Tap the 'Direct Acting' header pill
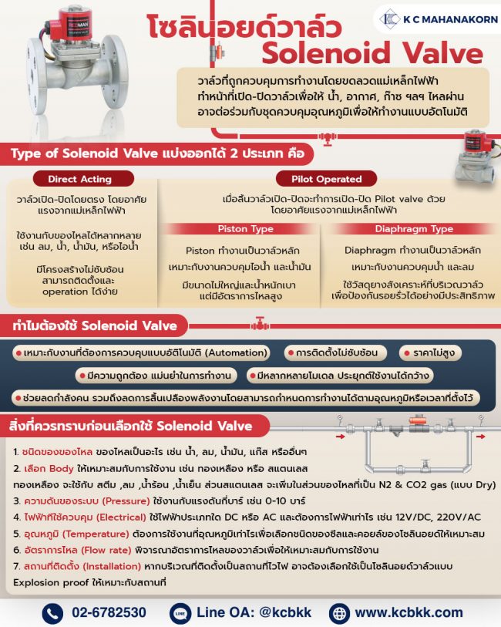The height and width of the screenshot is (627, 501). (x=79, y=179)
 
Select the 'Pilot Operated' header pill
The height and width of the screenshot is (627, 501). (x=328, y=179)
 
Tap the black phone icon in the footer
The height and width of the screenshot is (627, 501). (x=52, y=612)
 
